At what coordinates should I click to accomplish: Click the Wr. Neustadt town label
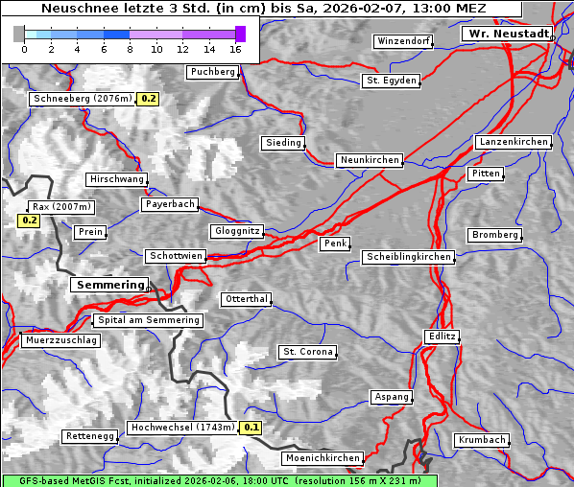(507, 34)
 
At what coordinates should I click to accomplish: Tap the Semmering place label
(109, 285)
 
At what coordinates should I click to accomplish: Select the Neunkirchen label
(369, 160)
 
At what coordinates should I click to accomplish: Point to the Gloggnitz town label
(236, 231)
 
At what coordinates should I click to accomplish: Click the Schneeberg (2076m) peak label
(82, 99)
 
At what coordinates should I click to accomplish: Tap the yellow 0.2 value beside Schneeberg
(149, 99)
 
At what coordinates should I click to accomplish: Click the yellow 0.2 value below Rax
(30, 220)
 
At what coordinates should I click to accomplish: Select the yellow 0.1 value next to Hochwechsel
(251, 428)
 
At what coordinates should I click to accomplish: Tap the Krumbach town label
(481, 440)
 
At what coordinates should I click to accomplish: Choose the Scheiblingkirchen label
(408, 257)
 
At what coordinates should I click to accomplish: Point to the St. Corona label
(308, 352)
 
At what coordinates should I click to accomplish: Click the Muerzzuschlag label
(60, 340)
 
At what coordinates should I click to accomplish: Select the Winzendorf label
(403, 42)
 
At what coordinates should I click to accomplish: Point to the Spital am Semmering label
(148, 320)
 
